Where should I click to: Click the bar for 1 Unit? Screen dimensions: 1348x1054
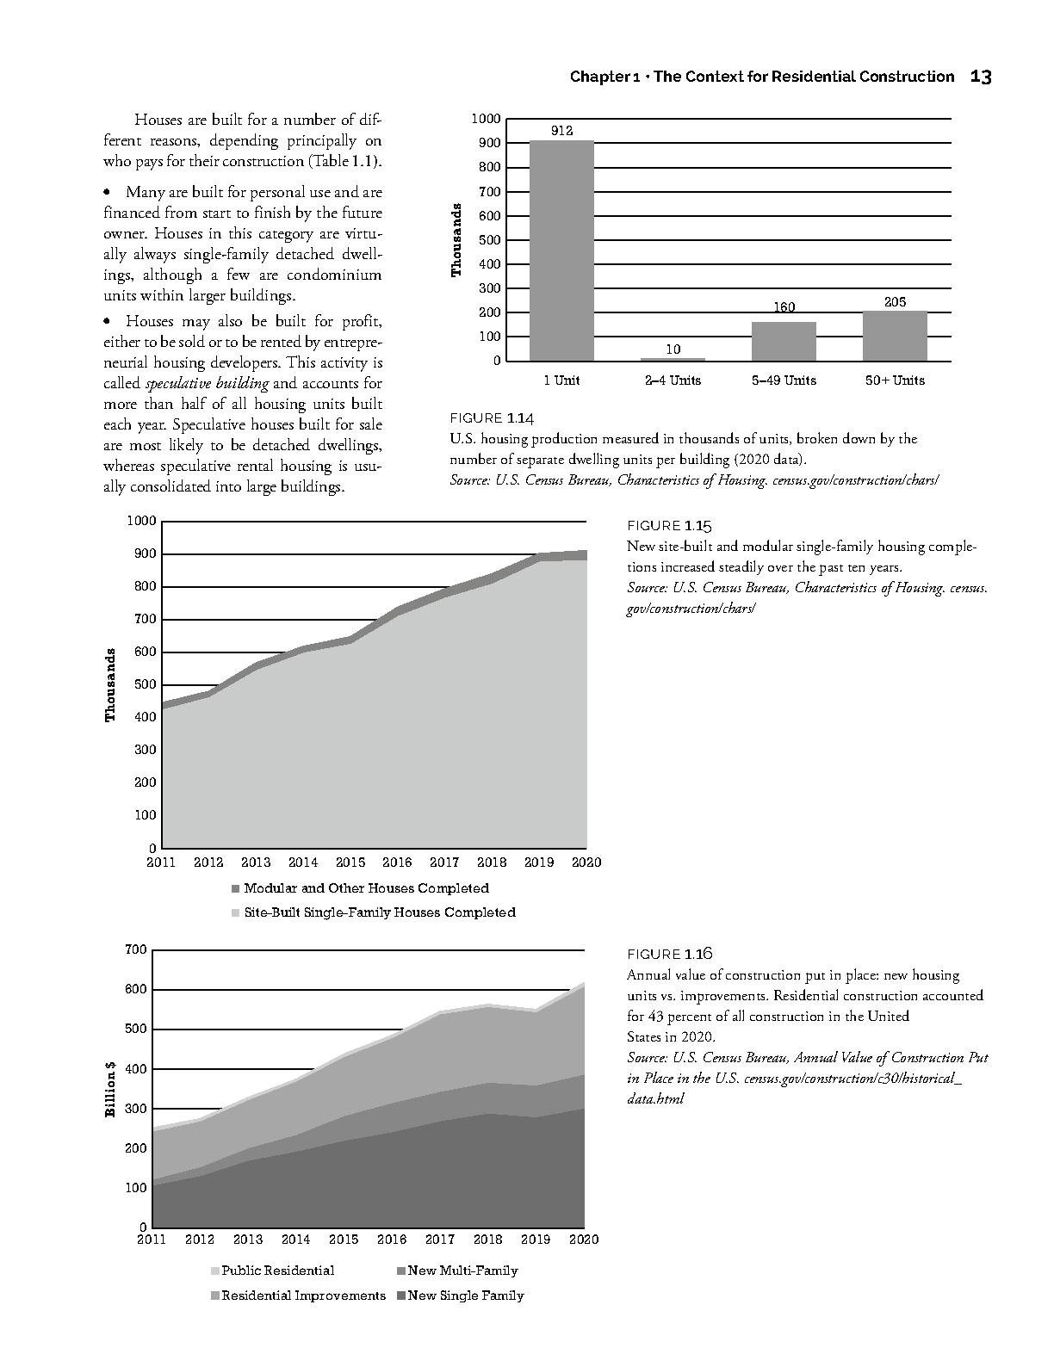pyautogui.click(x=561, y=250)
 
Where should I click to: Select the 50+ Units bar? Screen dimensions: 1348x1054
pyautogui.click(x=895, y=336)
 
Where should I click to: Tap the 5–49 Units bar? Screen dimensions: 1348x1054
pyautogui.click(x=784, y=341)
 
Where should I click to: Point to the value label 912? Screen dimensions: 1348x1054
pyautogui.click(x=561, y=131)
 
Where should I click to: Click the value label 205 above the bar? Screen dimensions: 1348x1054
pyautogui.click(x=895, y=302)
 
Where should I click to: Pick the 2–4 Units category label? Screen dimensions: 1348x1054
pyautogui.click(x=673, y=380)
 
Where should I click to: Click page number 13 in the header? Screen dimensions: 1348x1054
pyautogui.click(x=980, y=77)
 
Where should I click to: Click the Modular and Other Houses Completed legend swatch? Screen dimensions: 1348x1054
pyautogui.click(x=236, y=888)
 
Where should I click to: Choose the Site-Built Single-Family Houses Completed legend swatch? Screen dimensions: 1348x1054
pyautogui.click(x=236, y=912)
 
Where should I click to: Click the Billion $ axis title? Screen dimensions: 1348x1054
pyautogui.click(x=110, y=1089)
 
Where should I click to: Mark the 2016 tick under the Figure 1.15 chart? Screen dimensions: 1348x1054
pyautogui.click(x=397, y=863)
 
